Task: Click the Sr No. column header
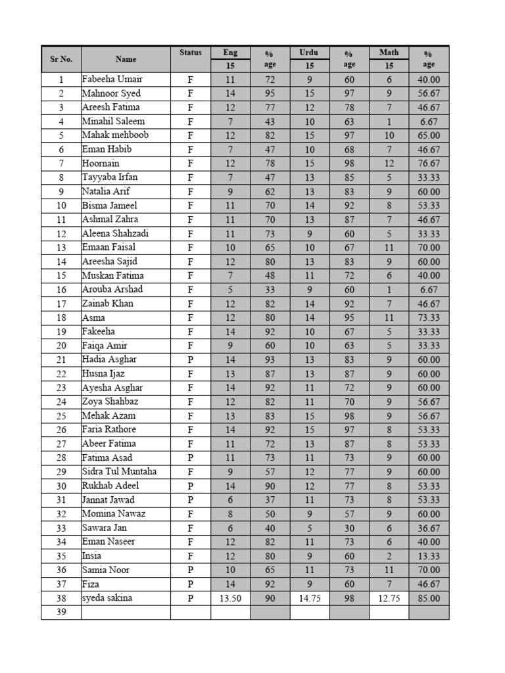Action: coord(61,59)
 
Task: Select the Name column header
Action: coord(126,59)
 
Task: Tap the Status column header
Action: coord(190,53)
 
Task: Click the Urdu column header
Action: coord(309,53)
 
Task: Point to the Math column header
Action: coord(389,53)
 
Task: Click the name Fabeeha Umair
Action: coord(112,80)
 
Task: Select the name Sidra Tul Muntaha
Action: coord(119,472)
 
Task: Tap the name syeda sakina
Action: coord(107,598)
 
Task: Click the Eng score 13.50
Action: coord(230,598)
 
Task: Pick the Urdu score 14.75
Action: coord(310,598)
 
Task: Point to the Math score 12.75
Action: coord(389,598)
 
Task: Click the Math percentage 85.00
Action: coord(429,598)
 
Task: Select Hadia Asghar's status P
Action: coord(191,360)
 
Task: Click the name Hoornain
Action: coord(101,164)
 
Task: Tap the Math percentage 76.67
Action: coord(429,164)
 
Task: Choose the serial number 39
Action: coord(61,613)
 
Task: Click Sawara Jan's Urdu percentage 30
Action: coord(349,528)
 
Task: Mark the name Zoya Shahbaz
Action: coord(110,402)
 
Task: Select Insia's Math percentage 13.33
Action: coord(429,556)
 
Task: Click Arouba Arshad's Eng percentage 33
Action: coord(270,290)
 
